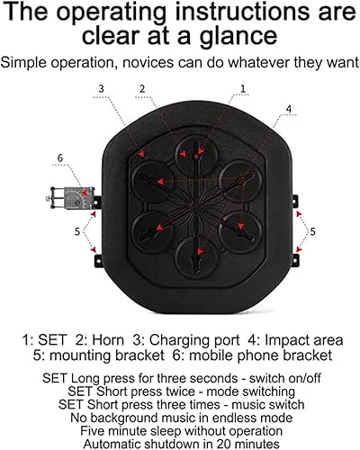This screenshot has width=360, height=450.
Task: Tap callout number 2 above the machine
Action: pos(142,88)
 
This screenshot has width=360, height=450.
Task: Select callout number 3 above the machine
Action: pos(102,88)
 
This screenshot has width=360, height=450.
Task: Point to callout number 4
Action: pos(288,110)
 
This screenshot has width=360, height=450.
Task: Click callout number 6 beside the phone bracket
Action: pos(60,157)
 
